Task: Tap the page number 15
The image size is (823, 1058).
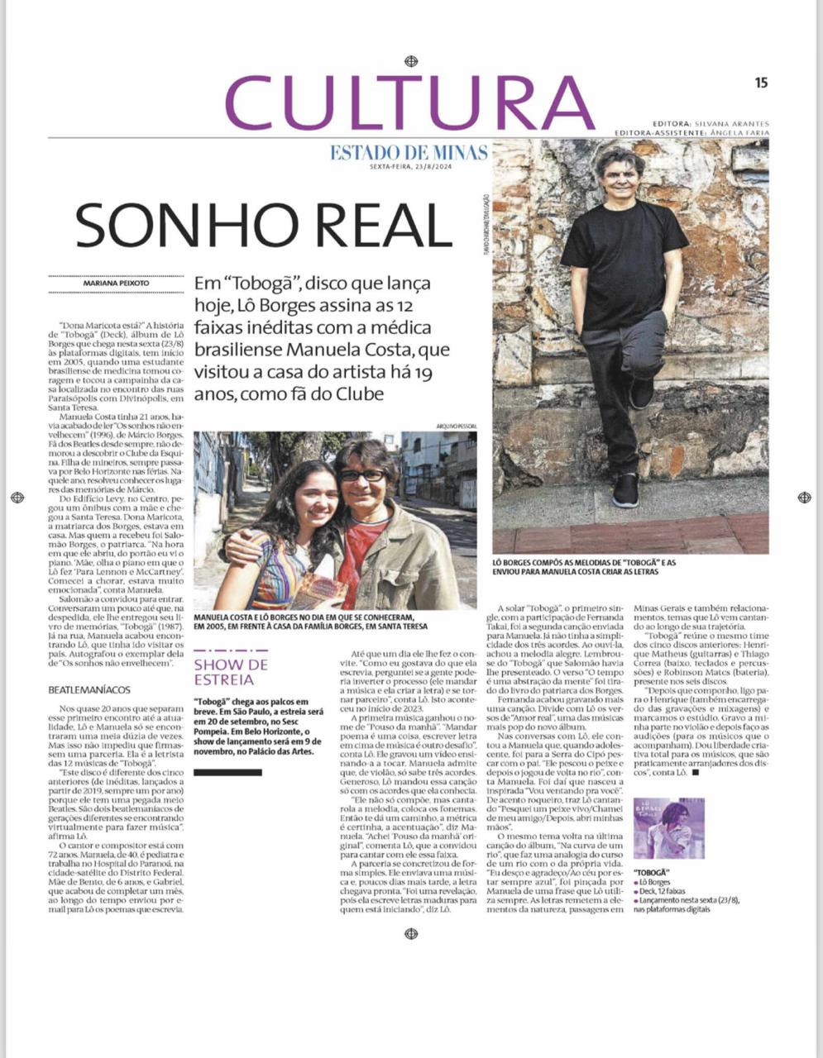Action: click(x=761, y=82)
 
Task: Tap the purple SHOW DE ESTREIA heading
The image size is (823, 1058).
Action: click(x=231, y=672)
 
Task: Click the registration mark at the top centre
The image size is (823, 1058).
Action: click(x=410, y=61)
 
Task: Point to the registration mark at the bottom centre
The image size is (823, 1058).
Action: click(x=410, y=934)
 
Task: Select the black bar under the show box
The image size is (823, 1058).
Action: click(x=227, y=772)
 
